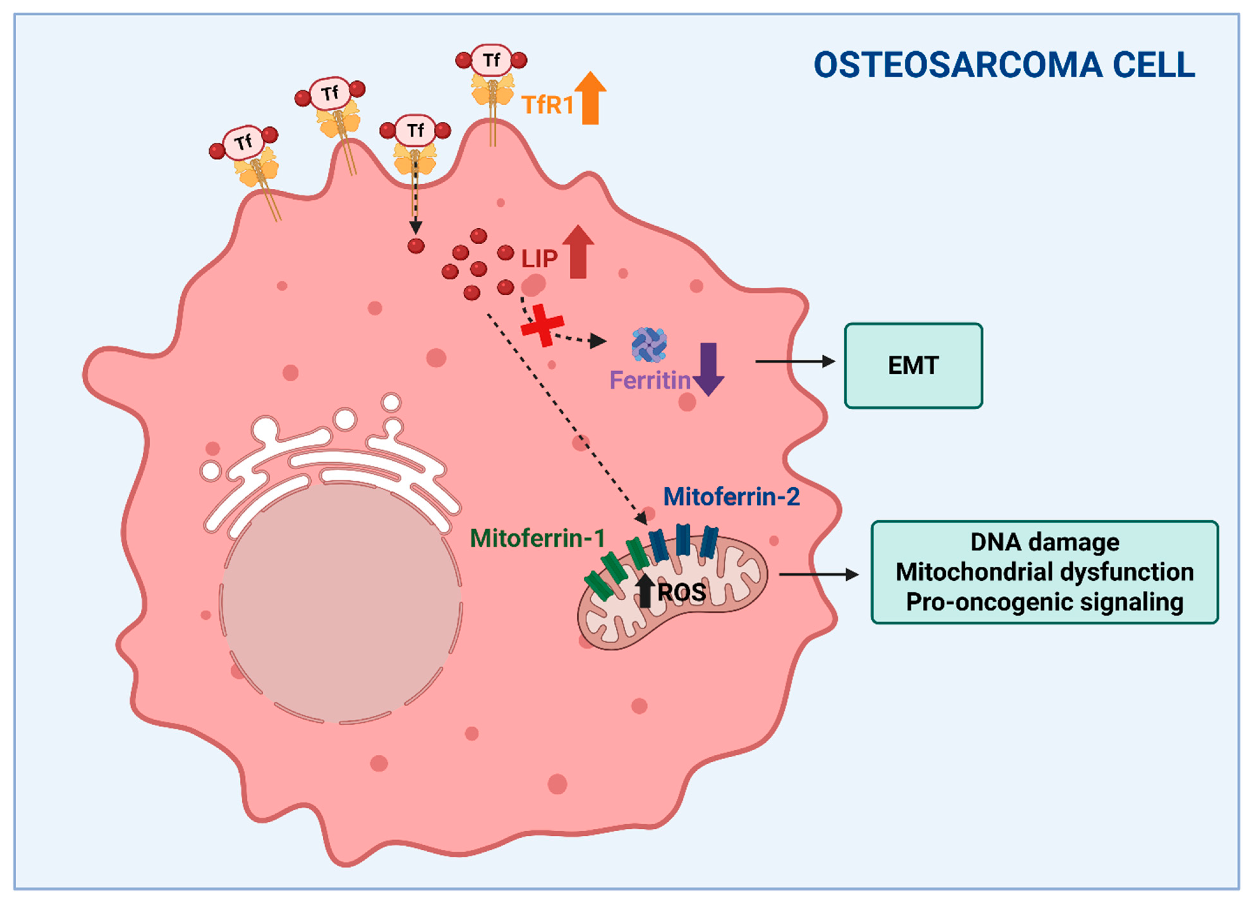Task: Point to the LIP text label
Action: tap(539, 259)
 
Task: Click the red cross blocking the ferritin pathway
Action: tap(543, 326)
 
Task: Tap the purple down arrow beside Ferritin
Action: tap(708, 369)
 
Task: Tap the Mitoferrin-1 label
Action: tap(537, 538)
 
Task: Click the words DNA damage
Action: tap(1045, 542)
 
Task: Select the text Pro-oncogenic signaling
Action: tap(1045, 602)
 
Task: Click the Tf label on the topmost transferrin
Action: tap(491, 60)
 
